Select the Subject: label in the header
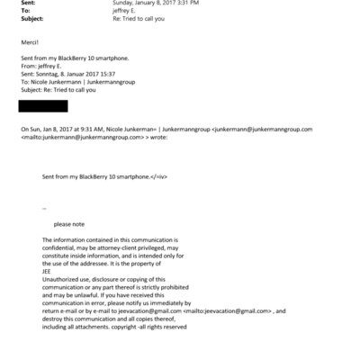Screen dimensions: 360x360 pyautogui.click(x=31, y=17)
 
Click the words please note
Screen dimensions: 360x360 pyautogui.click(x=68, y=223)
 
